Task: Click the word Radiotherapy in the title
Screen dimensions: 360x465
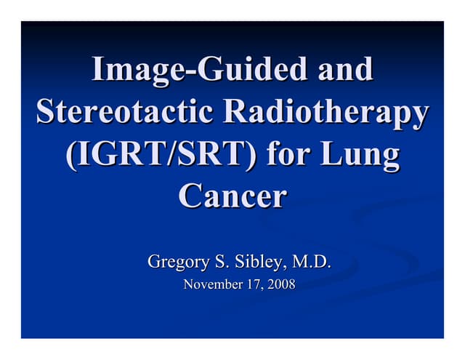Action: pos(325,112)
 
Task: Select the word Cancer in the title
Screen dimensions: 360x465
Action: pos(232,196)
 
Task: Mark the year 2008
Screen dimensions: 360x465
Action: pos(282,284)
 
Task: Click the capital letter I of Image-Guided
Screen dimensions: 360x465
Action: pos(97,69)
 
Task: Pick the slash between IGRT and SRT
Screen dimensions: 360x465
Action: pos(183,156)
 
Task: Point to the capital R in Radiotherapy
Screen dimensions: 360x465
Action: pos(235,112)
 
